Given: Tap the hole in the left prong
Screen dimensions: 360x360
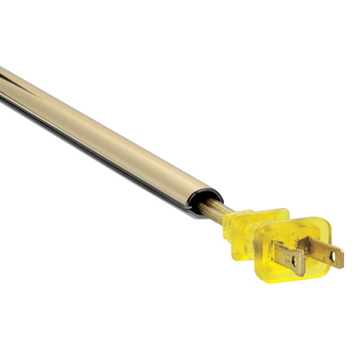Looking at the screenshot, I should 294,261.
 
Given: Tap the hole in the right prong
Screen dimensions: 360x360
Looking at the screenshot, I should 333,254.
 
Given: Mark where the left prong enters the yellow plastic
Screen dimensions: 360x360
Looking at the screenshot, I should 274,249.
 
